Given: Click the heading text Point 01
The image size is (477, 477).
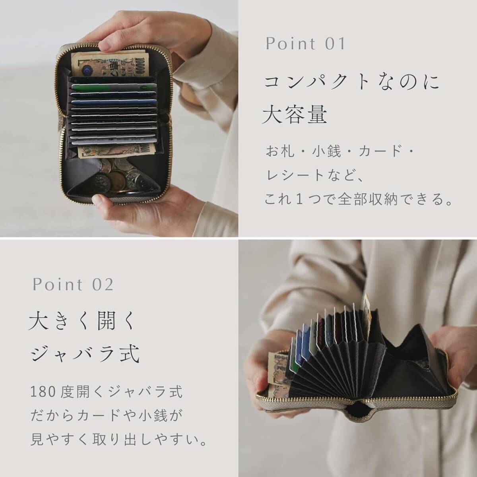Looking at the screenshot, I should tap(305, 44).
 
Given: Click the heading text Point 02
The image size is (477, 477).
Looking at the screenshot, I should tap(73, 285).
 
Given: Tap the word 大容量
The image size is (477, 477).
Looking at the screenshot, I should tap(295, 115).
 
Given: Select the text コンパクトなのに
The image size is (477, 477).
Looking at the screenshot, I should tap(352, 83).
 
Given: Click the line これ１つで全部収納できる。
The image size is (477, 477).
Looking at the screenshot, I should tap(359, 199).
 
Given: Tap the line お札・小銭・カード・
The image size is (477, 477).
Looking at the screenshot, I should tap(340, 151).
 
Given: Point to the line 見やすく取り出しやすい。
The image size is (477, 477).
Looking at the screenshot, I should tap(119, 440).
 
